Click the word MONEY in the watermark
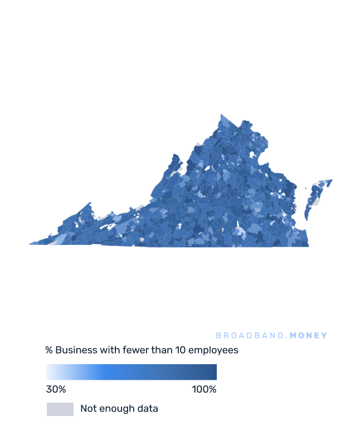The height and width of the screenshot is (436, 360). [309, 336]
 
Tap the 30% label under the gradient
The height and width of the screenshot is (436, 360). [56, 389]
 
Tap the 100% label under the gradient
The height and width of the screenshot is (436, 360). [204, 389]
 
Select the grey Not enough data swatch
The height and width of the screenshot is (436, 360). [60, 409]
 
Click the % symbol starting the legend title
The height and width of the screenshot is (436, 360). [49, 350]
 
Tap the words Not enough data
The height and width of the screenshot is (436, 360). [119, 409]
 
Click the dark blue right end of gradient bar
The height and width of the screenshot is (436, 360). [212, 372]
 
